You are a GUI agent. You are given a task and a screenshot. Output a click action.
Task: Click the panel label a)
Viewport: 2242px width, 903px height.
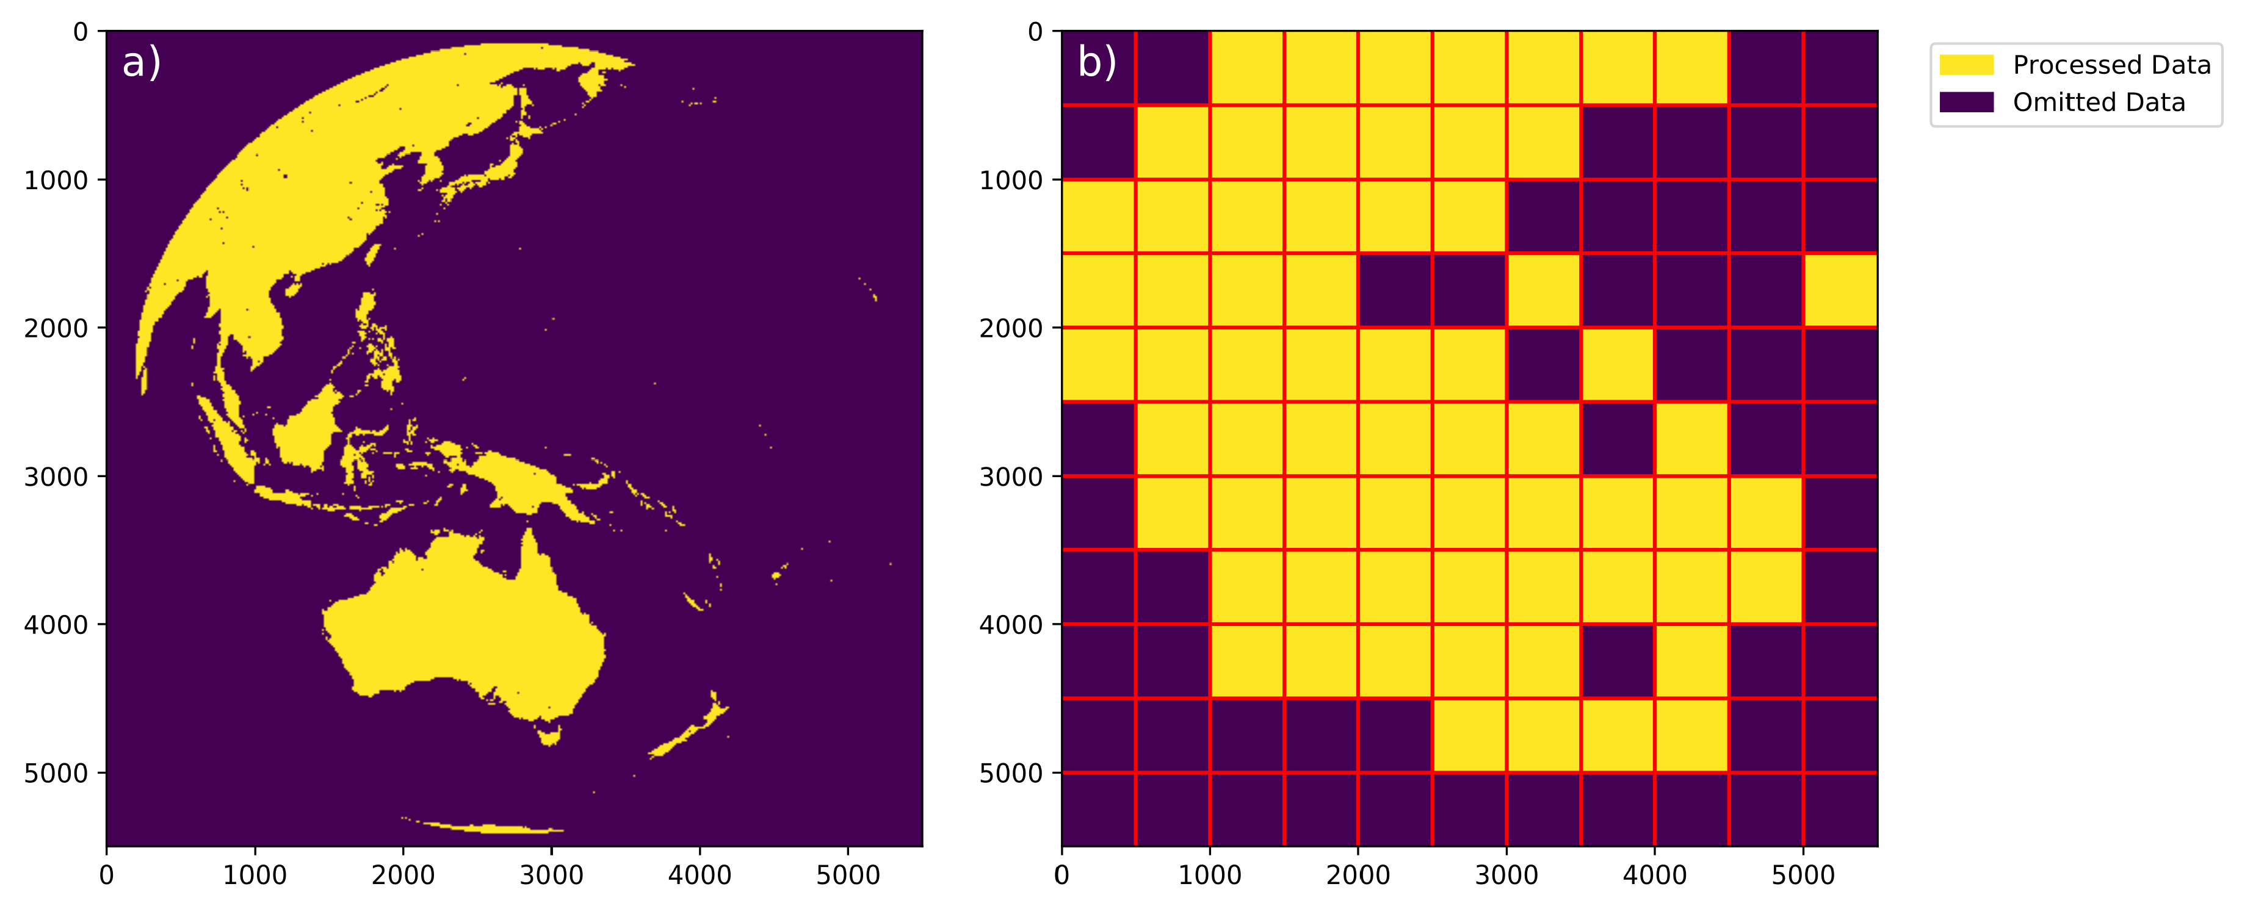tap(141, 63)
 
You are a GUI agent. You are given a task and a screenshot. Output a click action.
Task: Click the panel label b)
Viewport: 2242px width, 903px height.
tap(1097, 63)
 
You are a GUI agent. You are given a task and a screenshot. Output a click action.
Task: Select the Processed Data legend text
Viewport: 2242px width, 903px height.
tap(2111, 65)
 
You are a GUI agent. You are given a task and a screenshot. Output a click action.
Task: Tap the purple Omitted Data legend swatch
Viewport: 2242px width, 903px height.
tap(1966, 103)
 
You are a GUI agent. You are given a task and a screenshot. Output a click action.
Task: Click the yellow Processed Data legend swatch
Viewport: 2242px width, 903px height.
tap(1966, 65)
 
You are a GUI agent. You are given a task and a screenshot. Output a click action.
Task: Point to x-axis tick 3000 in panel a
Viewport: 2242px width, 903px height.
tap(551, 874)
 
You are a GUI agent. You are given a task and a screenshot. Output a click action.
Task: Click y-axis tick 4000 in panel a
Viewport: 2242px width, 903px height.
tap(56, 625)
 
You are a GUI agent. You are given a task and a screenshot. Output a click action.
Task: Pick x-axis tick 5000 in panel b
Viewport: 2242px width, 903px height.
tap(1803, 874)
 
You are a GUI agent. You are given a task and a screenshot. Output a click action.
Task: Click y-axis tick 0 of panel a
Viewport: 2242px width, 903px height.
tap(80, 32)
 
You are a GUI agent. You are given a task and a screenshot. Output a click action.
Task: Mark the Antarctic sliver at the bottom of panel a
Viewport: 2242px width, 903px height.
tap(487, 827)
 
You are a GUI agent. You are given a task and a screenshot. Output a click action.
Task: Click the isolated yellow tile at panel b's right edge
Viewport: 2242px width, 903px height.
tap(1840, 290)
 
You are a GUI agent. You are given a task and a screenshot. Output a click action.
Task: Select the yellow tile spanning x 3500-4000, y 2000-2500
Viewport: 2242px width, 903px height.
tap(1617, 364)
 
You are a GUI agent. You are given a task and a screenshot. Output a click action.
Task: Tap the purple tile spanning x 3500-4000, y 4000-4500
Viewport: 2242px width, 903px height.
tap(1617, 661)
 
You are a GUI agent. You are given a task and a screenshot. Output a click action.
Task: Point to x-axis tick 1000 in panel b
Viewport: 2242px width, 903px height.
tap(1210, 874)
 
